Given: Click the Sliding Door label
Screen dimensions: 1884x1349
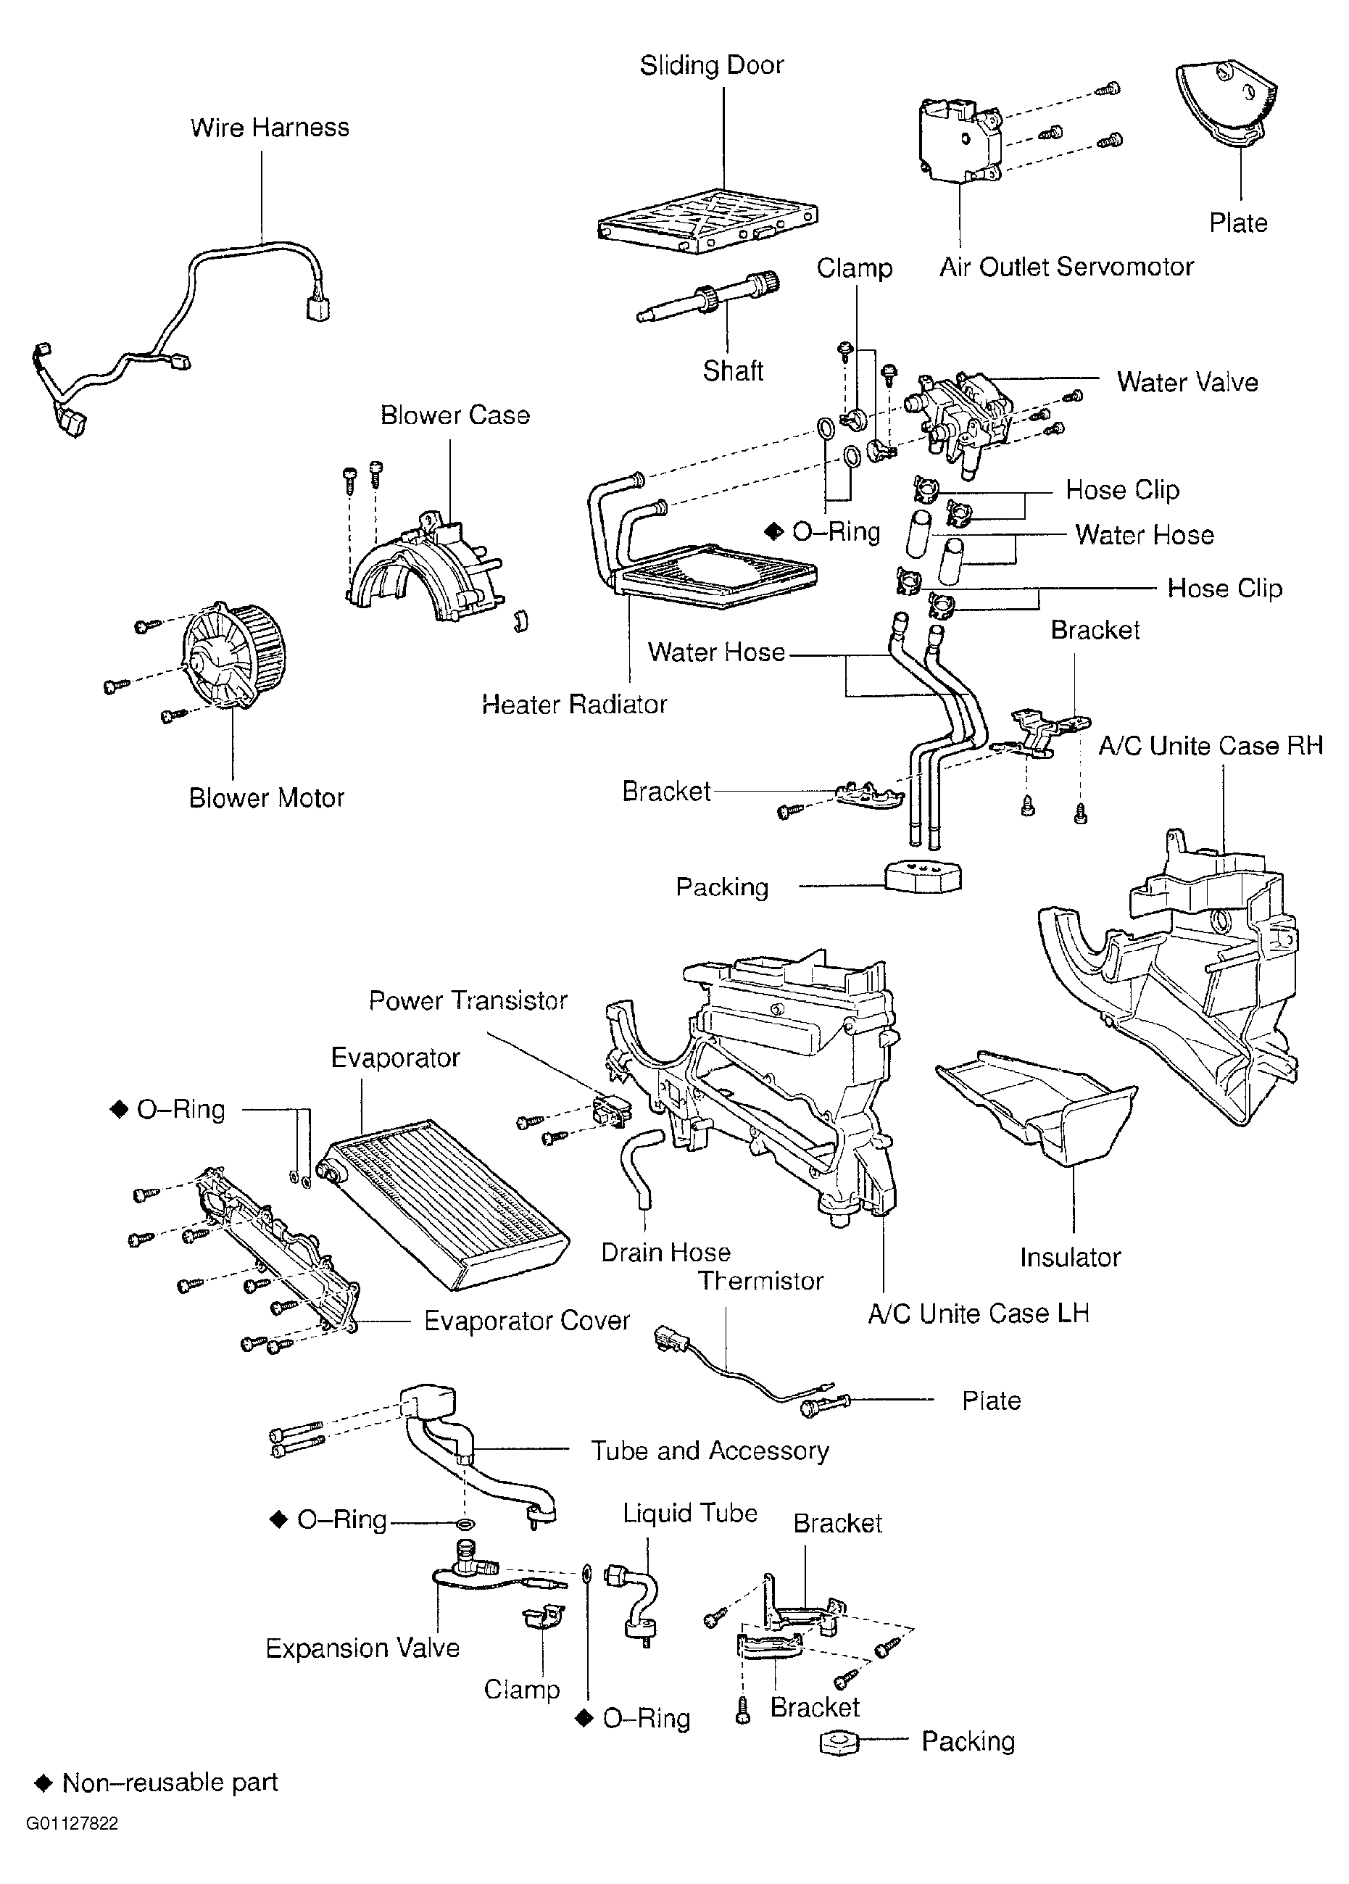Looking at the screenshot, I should (x=711, y=66).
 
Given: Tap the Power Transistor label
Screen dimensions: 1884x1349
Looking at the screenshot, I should (x=468, y=1000).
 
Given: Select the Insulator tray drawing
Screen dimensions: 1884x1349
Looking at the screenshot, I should (x=1038, y=1109).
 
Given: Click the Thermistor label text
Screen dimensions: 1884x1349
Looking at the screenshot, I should (x=761, y=1281).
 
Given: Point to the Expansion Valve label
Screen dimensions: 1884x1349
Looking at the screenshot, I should (x=362, y=1648).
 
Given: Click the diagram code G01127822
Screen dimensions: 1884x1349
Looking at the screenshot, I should (x=72, y=1824).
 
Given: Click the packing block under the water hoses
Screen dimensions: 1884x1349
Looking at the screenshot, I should (x=922, y=876).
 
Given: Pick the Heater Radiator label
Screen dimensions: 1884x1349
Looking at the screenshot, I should (x=574, y=705).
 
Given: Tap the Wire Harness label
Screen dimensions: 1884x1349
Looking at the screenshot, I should (x=269, y=127).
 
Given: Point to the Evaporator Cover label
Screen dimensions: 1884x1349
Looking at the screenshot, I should (x=527, y=1321).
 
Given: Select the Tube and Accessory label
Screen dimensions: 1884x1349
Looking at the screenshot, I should (x=710, y=1451).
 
